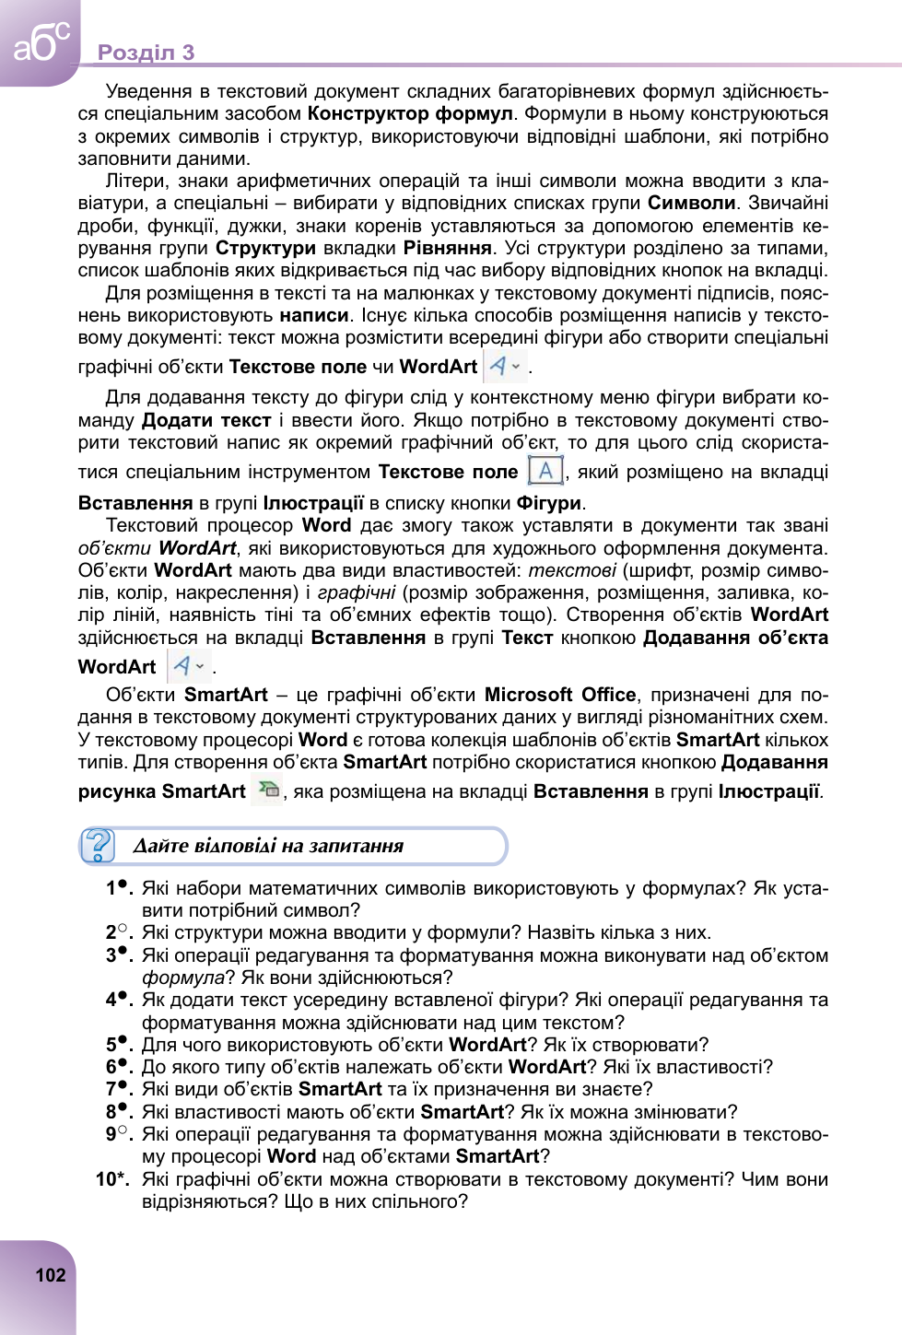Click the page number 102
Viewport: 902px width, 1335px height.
[51, 1275]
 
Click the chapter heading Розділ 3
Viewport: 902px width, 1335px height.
[146, 53]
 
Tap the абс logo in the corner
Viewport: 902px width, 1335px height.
[41, 42]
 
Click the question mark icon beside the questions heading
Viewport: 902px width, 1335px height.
[98, 846]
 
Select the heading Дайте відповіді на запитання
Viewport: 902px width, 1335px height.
[268, 846]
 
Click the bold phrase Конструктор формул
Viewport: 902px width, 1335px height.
[410, 114]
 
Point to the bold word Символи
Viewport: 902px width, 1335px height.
[691, 204]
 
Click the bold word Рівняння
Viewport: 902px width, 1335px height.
[447, 249]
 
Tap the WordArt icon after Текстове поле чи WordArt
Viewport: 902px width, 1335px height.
[504, 366]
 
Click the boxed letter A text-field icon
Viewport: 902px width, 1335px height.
[545, 471]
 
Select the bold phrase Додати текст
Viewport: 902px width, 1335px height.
[206, 421]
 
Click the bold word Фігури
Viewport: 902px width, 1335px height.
[548, 503]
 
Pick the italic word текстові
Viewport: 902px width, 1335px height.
[571, 570]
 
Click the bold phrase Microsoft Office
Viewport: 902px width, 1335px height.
[560, 695]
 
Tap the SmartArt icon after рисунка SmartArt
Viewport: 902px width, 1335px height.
[268, 790]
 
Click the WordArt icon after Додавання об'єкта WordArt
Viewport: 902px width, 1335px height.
[189, 665]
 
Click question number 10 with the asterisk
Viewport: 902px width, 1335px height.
[111, 1179]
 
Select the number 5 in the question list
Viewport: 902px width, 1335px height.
[111, 1045]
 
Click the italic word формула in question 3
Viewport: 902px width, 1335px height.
[182, 978]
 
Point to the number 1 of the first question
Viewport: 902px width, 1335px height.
[111, 888]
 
